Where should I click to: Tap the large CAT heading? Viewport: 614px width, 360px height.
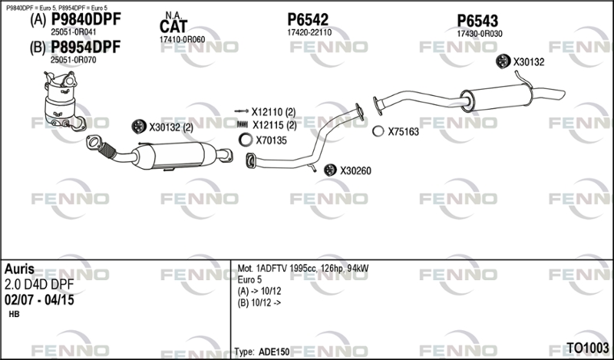[x=173, y=28]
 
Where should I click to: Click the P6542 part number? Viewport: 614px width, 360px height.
[x=309, y=19]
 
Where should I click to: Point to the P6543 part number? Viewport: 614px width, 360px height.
[x=477, y=21]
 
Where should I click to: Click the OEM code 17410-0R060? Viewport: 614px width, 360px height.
[x=182, y=39]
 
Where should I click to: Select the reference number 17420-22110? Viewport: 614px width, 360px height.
[x=309, y=33]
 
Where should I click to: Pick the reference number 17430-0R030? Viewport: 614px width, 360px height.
[x=479, y=34]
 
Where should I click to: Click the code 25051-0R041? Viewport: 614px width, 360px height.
[x=73, y=32]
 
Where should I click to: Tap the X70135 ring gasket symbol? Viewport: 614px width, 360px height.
[x=244, y=140]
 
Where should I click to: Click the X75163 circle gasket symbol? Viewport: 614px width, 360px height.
[x=378, y=131]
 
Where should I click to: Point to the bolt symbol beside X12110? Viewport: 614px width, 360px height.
[x=240, y=112]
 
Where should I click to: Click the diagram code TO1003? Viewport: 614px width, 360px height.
[x=588, y=348]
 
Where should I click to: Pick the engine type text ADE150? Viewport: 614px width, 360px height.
[x=274, y=352]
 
